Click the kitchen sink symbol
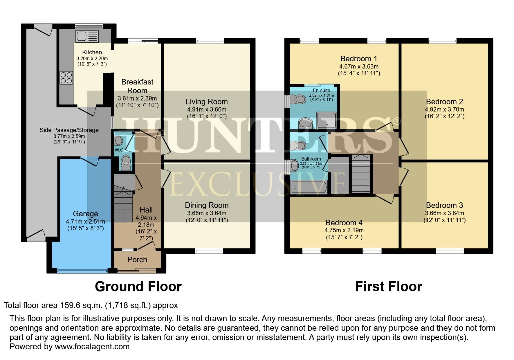(x=87, y=36)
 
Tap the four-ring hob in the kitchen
(x=66, y=78)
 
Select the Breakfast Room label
(x=137, y=86)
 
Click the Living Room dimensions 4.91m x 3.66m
(x=206, y=109)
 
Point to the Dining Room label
(x=206, y=205)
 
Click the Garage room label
(x=85, y=214)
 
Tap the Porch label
(x=137, y=259)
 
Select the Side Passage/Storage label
(x=69, y=130)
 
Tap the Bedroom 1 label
(x=359, y=59)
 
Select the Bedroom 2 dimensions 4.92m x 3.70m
(x=444, y=109)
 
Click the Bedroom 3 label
(x=444, y=205)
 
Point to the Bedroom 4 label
(x=344, y=222)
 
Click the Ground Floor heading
(x=138, y=286)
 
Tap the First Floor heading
(x=388, y=286)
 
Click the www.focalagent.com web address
(x=92, y=346)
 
